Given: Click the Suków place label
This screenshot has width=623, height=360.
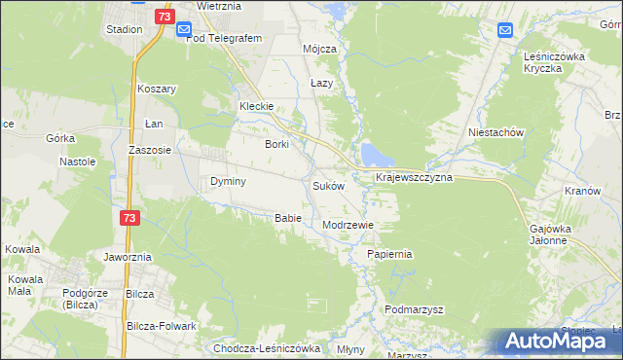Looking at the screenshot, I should [328, 186].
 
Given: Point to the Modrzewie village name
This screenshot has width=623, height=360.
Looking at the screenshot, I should [348, 225].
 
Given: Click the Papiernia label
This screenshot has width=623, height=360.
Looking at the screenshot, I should [390, 254].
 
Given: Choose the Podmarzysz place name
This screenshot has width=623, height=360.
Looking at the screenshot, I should [414, 309].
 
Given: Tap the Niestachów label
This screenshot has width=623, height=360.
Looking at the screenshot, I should [496, 132].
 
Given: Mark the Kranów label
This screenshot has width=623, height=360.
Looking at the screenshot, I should [582, 192].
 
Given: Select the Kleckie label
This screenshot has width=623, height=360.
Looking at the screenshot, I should [259, 107].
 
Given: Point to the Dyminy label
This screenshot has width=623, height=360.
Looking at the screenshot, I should [228, 182].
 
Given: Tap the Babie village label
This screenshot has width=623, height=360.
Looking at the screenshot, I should [287, 218].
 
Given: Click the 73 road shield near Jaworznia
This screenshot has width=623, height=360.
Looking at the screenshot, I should [128, 220].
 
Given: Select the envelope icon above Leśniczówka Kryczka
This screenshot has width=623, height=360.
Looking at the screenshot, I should [505, 30].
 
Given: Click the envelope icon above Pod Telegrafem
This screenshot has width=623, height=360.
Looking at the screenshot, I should [183, 30].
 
